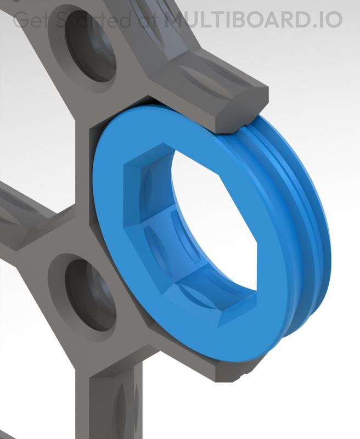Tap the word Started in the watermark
88,20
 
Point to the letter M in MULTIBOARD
176,20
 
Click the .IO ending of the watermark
327,20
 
